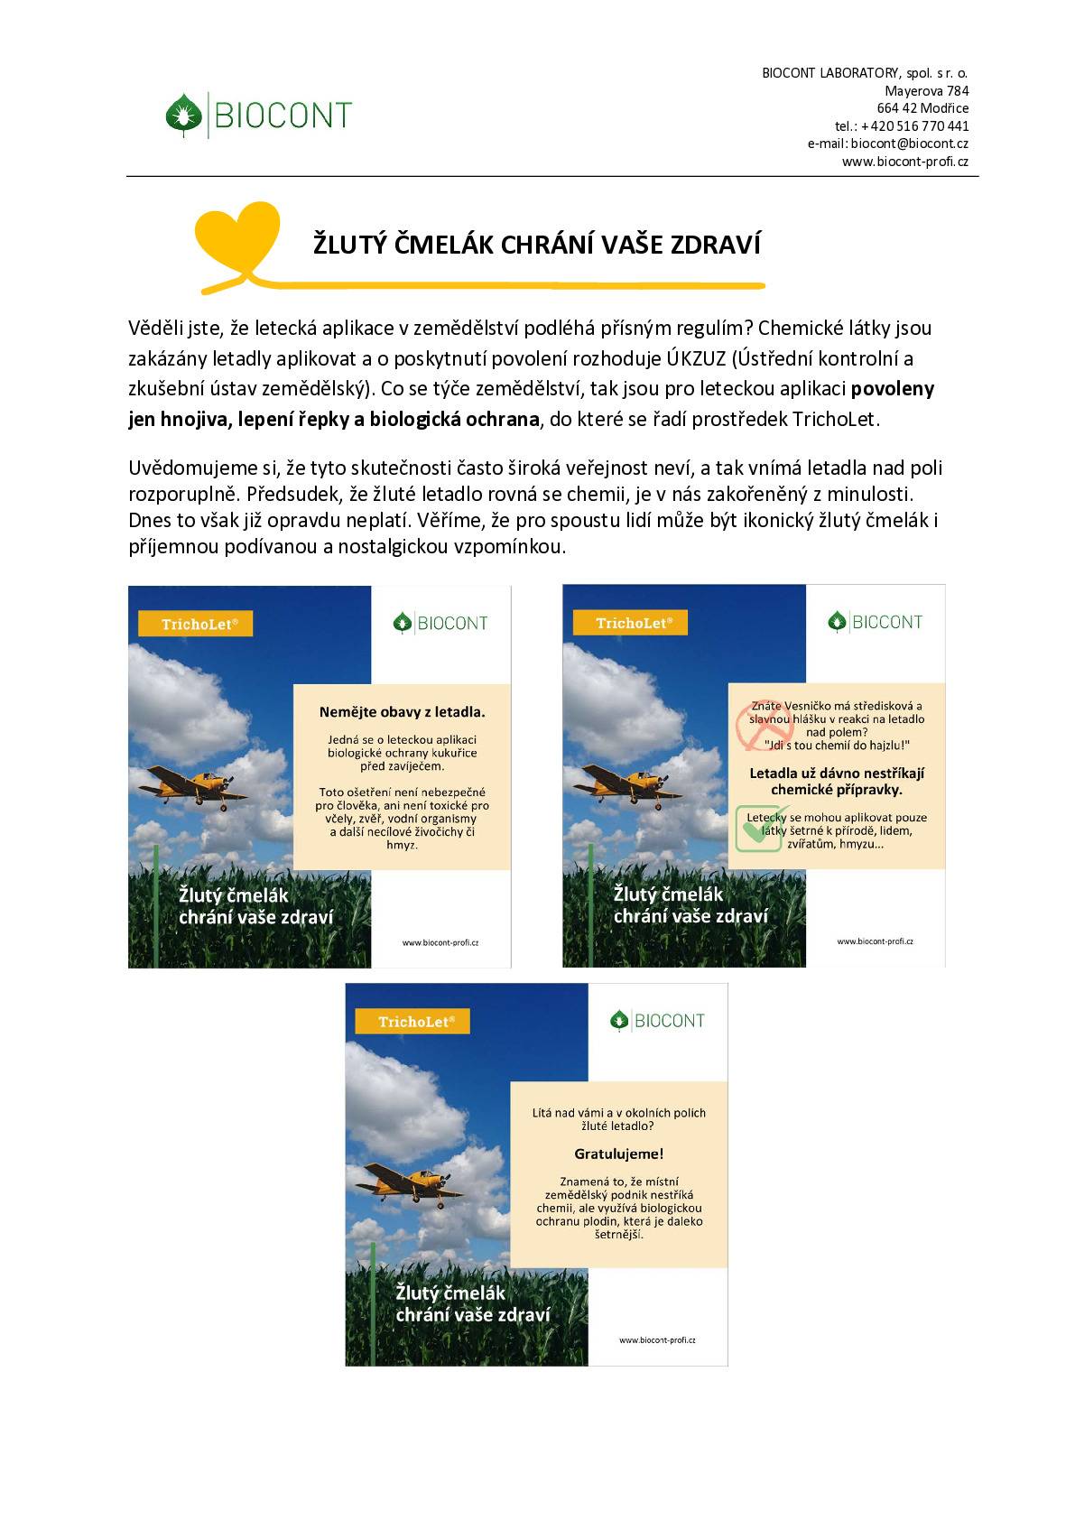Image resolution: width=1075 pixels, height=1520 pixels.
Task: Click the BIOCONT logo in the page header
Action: (x=259, y=115)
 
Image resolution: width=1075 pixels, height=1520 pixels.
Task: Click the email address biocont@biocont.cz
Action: (x=909, y=144)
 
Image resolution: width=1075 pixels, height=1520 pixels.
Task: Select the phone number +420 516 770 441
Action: (x=914, y=126)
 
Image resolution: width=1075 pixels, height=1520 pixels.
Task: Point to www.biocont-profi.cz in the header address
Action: (x=904, y=162)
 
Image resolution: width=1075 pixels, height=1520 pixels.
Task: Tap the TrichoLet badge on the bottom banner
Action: (x=412, y=1022)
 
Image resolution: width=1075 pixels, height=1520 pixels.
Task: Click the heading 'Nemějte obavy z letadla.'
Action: (x=402, y=712)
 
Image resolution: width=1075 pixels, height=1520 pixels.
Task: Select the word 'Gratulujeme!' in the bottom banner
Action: (x=618, y=1154)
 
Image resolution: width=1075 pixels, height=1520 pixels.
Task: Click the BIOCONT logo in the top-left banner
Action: (x=440, y=623)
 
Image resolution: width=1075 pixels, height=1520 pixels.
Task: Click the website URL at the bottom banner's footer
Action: (x=657, y=1340)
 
